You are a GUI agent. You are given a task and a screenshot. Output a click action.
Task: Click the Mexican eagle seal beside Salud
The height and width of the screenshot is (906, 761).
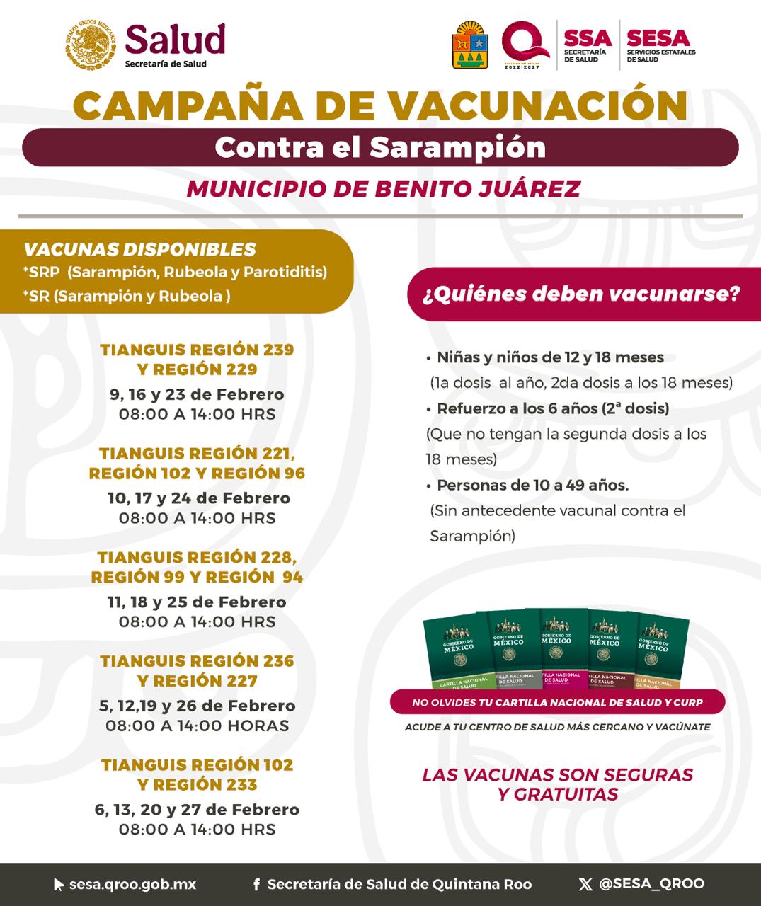click(91, 44)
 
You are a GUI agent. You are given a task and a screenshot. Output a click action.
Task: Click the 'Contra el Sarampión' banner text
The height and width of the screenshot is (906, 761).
click(380, 147)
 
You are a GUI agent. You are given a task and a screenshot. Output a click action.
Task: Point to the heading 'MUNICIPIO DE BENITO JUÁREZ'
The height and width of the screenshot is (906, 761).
click(383, 189)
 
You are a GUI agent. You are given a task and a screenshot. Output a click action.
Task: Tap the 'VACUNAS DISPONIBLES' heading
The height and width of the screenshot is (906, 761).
click(139, 249)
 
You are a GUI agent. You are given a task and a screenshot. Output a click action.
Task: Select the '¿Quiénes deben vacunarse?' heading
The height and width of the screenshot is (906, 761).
click(581, 293)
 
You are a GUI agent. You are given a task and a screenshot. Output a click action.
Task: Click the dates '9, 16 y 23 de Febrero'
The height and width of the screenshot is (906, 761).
click(197, 394)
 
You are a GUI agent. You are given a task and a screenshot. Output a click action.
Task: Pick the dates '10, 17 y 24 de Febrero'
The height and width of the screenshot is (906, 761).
click(198, 498)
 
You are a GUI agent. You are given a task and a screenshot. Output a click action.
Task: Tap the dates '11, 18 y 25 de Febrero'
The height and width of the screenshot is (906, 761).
click(197, 602)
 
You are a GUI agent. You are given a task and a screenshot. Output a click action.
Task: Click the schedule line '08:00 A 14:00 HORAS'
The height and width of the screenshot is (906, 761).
click(197, 726)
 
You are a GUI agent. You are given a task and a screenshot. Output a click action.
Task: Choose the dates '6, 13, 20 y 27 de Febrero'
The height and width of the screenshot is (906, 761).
click(197, 810)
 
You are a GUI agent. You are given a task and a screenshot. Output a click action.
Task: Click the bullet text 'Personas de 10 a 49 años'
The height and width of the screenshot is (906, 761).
click(532, 486)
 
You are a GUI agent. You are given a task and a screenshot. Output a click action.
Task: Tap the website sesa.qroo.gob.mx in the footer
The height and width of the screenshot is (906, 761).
click(132, 885)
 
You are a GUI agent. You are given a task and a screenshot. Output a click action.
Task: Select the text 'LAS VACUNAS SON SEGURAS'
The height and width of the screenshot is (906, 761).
click(558, 774)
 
